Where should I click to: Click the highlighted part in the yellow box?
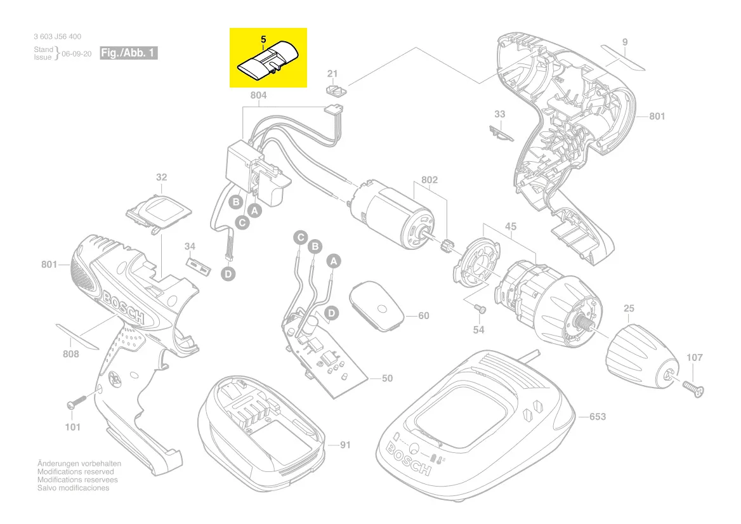click(267, 60)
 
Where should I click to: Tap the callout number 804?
click(258, 96)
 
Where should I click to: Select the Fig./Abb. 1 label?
click(129, 53)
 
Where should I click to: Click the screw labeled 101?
click(77, 402)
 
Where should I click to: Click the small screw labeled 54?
click(480, 308)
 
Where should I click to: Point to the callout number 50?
click(386, 379)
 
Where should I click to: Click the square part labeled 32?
click(161, 210)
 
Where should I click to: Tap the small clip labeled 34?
click(197, 265)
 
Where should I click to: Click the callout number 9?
click(625, 43)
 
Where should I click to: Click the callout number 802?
click(430, 180)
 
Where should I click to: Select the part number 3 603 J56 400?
click(57, 37)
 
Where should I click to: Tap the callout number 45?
click(511, 226)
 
